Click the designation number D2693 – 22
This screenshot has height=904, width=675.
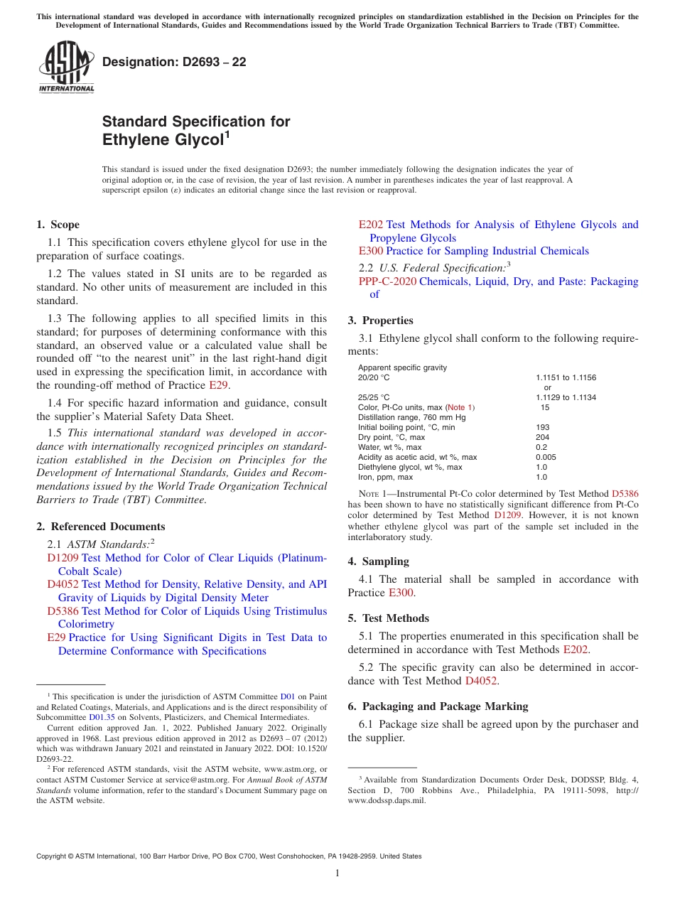pos(174,62)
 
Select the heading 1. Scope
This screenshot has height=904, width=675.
pos(58,225)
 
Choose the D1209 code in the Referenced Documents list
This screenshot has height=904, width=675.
pos(63,558)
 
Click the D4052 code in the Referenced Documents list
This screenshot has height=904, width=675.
pos(63,584)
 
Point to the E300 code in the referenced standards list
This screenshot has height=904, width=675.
pos(371,251)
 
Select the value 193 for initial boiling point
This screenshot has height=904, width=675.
pos(542,427)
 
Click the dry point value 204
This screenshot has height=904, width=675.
pos(542,437)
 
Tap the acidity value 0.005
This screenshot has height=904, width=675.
pos(546,457)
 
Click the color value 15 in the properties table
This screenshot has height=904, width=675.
pos(545,407)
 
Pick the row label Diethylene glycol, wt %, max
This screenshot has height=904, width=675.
pos(410,467)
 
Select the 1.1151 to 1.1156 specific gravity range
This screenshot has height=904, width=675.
pos(566,377)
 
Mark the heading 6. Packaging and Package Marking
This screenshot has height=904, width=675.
pos(438,706)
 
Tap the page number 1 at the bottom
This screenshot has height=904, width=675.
pos(337,873)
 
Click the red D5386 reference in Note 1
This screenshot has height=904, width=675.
pos(625,493)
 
